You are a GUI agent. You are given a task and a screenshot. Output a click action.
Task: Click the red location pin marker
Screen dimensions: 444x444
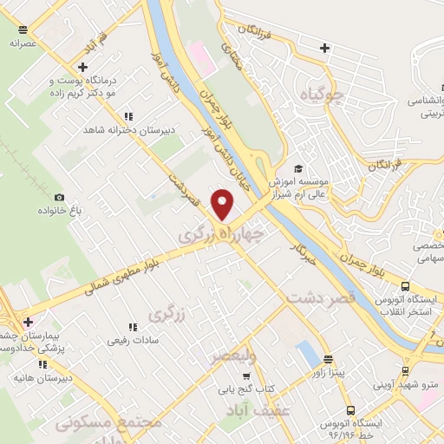[224, 204]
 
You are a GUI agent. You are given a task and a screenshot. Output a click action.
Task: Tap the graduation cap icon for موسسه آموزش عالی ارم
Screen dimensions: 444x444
[298, 168]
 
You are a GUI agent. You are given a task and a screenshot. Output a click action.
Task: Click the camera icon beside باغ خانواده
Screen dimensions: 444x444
[59, 198]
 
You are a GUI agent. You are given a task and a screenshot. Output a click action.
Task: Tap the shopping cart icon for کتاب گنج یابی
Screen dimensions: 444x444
[246, 376]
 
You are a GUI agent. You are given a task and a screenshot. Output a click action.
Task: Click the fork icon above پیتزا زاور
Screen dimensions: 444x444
[328, 358]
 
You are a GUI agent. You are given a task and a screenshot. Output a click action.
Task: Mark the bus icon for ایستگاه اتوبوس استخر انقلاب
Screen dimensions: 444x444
[405, 285]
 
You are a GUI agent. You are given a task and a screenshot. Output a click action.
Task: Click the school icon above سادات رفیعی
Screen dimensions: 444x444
[133, 327]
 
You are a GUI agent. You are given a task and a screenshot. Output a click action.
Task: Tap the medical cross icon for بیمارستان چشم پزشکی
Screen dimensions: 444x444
[29, 322]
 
